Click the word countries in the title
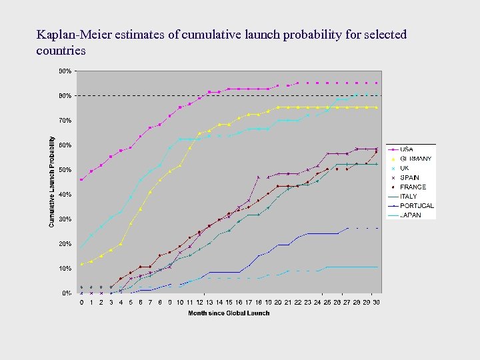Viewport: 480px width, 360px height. tap(61, 50)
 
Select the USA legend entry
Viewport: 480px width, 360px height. tap(407, 149)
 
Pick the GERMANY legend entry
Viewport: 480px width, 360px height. tap(415, 159)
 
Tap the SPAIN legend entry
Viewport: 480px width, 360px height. tap(410, 178)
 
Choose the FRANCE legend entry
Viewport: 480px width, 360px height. tap(413, 187)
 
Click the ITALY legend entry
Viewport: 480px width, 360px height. tap(409, 197)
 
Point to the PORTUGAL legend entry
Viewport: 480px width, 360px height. tap(417, 206)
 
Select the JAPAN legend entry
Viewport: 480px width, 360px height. tap(410, 215)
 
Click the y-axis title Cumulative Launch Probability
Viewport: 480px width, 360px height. tap(52, 181)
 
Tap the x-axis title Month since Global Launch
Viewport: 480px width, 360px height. tap(229, 313)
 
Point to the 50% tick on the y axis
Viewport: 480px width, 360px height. tap(65, 170)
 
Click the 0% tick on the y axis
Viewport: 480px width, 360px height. tap(67, 293)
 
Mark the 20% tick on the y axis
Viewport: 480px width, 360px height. tap(65, 244)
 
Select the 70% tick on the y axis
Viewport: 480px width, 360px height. tap(65, 121)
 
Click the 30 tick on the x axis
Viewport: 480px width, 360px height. tap(376, 303)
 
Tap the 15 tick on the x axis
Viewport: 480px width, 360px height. tap(229, 303)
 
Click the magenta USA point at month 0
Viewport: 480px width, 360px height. tap(81, 180)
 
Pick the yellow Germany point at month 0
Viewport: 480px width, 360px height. tap(81, 264)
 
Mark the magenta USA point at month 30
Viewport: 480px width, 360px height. tap(376, 83)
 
